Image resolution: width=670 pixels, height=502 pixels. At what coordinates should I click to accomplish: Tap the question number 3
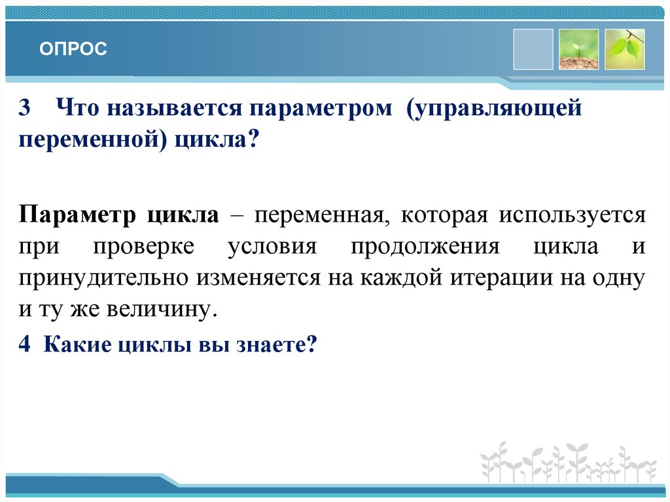click(25, 108)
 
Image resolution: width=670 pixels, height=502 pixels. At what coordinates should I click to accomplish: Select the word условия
click(272, 247)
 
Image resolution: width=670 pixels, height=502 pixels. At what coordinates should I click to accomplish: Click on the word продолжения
click(425, 247)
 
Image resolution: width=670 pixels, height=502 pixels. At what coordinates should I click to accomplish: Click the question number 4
click(25, 344)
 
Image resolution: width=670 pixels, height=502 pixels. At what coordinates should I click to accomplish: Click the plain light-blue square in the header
click(533, 49)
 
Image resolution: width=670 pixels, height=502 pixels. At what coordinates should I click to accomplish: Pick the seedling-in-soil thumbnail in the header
click(578, 49)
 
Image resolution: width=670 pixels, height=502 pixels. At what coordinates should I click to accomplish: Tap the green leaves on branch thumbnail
click(624, 49)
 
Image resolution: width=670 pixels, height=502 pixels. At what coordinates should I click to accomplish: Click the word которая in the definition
click(445, 215)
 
